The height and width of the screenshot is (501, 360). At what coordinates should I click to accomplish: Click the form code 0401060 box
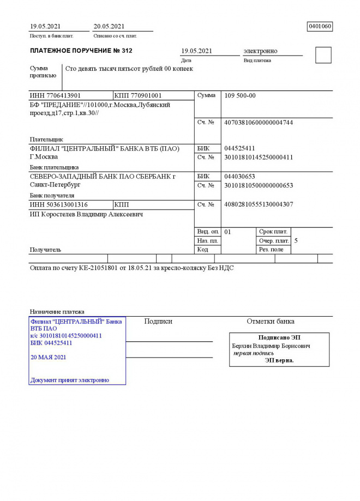320,26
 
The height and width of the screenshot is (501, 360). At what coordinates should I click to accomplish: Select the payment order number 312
126,51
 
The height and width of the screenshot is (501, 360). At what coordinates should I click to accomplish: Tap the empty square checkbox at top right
323,55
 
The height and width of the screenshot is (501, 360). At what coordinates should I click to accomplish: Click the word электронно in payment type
260,51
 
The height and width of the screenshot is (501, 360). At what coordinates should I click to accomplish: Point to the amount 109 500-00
240,95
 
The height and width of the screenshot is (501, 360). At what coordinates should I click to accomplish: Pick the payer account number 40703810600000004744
259,123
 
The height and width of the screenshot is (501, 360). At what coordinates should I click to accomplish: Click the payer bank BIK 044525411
239,148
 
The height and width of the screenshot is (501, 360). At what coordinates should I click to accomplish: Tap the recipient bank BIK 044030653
239,176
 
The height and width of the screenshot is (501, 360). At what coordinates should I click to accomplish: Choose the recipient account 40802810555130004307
259,204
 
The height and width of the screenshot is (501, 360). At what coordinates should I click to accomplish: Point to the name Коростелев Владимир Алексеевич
86,215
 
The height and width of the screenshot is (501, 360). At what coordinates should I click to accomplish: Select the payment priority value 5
296,240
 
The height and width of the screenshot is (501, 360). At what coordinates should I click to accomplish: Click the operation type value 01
227,232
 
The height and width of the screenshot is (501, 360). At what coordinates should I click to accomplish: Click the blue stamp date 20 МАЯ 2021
49,357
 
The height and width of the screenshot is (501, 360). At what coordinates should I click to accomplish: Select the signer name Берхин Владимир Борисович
271,346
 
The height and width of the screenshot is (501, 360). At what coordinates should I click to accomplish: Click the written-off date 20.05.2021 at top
109,26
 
